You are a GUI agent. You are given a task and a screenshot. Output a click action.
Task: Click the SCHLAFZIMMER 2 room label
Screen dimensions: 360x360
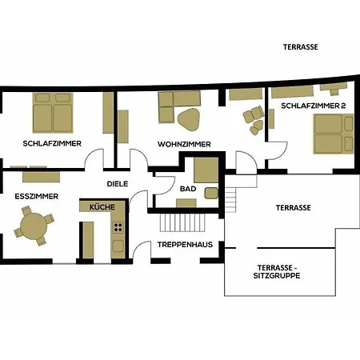[314, 106]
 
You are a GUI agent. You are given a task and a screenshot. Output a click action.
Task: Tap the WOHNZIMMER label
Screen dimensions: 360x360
[184, 144]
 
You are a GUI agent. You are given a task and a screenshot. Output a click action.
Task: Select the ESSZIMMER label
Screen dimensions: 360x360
[37, 197]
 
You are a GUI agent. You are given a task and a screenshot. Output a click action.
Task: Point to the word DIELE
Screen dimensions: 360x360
[118, 184]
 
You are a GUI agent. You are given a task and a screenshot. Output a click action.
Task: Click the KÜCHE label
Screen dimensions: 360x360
[102, 207]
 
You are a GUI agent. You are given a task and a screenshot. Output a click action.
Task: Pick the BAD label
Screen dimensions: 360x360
[188, 189]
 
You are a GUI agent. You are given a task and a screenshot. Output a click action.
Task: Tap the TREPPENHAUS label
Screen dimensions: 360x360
[185, 245]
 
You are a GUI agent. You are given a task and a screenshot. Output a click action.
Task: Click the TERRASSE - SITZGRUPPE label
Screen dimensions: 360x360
[277, 271]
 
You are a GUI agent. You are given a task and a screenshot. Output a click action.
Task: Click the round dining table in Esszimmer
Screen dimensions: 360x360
[34, 226]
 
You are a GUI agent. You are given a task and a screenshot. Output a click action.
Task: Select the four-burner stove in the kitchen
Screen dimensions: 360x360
[118, 227]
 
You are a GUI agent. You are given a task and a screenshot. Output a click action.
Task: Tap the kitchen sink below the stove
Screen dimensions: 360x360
[118, 246]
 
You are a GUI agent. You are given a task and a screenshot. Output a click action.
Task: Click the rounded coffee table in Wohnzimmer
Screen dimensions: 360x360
[189, 119]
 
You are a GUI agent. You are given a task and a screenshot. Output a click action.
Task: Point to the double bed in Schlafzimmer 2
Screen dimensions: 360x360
[334, 134]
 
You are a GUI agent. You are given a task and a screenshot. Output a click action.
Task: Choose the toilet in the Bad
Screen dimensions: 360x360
[211, 193]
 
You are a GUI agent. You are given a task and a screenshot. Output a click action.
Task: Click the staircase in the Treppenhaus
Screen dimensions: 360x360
[182, 222]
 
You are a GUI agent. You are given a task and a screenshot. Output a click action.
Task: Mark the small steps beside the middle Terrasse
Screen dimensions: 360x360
[230, 199]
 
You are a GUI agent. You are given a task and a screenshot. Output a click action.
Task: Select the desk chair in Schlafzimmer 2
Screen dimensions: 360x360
[334, 92]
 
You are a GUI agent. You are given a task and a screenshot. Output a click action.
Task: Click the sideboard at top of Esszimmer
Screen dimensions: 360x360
[41, 177]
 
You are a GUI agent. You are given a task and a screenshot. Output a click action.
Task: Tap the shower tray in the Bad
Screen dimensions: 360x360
[206, 170]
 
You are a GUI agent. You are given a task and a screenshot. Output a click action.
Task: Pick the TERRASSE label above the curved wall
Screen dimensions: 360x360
[301, 47]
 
